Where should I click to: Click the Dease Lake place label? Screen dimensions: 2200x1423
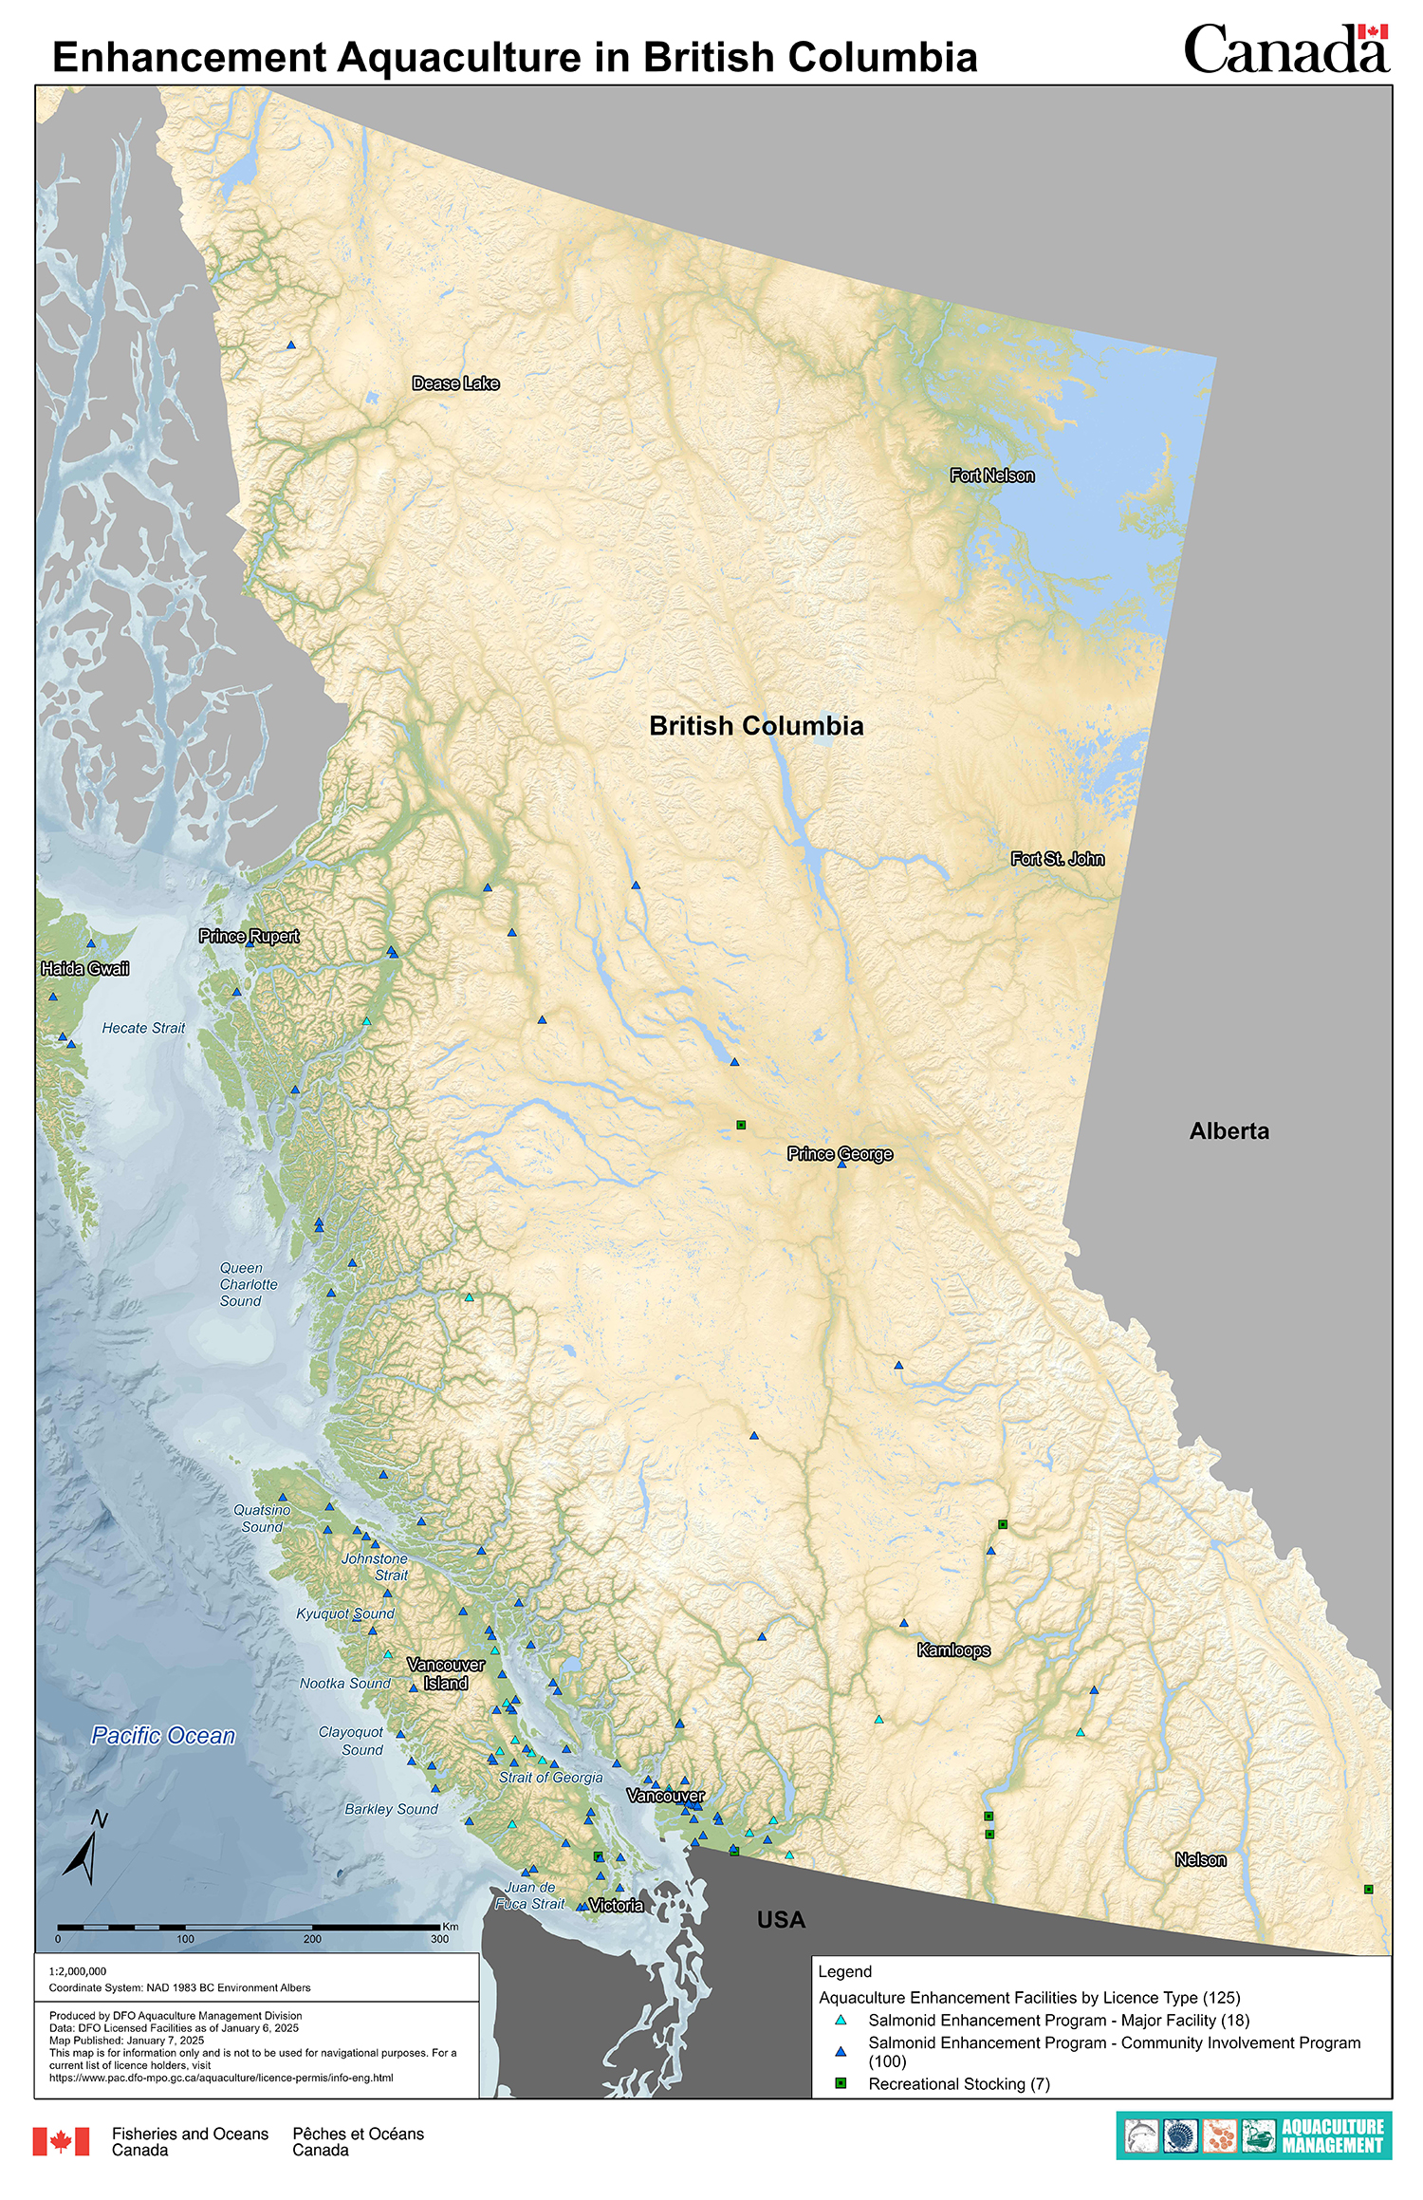455,383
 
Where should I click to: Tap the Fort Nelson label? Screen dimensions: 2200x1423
992,475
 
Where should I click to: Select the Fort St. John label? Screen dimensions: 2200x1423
1057,859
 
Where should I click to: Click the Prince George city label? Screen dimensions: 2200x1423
840,1154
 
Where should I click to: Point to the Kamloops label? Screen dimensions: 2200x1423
953,1650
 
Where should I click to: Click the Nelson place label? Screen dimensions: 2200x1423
1200,1860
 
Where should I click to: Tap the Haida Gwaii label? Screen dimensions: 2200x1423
84,969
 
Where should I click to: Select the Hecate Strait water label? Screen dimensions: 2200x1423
143,1028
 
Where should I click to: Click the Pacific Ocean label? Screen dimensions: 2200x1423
163,1736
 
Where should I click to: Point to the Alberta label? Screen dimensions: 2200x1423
1229,1131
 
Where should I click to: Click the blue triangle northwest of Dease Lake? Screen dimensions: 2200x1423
291,345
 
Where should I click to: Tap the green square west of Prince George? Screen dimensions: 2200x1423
741,1126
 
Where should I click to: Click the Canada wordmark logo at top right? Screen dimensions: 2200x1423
1285,49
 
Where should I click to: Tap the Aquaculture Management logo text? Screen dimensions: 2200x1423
1332,2135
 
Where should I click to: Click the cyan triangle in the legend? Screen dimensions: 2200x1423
840,2021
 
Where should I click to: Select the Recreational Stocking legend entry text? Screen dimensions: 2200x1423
958,2084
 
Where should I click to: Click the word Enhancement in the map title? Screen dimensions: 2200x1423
189,58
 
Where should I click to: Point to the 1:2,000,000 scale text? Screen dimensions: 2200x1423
78,1971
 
